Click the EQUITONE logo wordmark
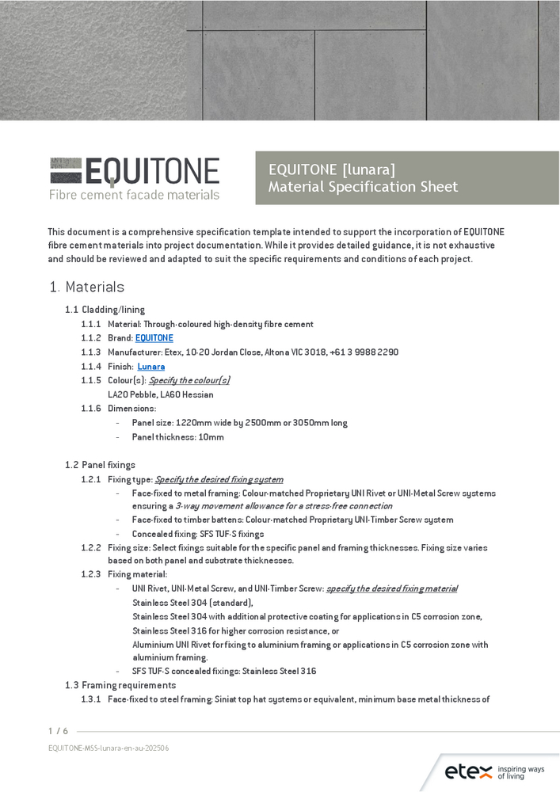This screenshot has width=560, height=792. point(135,172)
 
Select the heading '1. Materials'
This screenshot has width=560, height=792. point(86,287)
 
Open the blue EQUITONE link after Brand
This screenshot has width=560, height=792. point(154,338)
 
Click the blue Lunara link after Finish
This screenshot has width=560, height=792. point(150,367)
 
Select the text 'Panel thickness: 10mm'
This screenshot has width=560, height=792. point(177,437)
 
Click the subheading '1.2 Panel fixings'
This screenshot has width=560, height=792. point(100,465)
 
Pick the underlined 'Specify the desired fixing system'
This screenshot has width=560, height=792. point(219,480)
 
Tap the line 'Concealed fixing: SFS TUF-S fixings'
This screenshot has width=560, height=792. point(198,534)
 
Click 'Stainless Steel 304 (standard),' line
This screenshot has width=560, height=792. point(192,603)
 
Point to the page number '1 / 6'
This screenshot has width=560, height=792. point(58,731)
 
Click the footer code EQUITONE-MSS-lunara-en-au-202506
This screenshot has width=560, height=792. point(109,748)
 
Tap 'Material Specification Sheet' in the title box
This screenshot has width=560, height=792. point(363,187)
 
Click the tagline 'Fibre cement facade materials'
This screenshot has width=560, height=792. point(134,195)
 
